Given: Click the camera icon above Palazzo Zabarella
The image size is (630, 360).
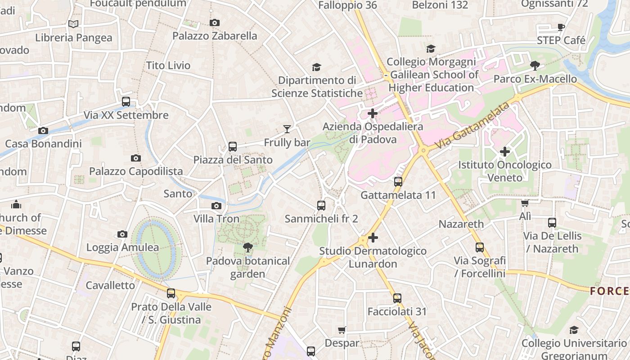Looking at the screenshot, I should [x=215, y=22].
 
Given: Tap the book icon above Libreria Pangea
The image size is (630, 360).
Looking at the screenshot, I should [x=73, y=24].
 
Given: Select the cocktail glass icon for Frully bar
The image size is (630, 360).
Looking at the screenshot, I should [x=287, y=130].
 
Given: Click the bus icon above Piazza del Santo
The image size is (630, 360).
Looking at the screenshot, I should [x=232, y=147].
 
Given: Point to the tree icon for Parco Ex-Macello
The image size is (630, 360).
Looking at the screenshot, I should [x=535, y=66].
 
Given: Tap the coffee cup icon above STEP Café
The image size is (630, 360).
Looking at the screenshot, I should [x=561, y=27].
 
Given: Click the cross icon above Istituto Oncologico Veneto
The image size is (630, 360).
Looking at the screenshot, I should [x=504, y=152].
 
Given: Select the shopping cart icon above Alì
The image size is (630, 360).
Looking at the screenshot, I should [x=525, y=203].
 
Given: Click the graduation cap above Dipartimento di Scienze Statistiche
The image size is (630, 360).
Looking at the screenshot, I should [x=316, y=67].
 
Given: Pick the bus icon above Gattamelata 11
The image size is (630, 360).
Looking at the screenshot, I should [x=398, y=182].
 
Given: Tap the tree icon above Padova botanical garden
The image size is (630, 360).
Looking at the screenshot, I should [x=247, y=247].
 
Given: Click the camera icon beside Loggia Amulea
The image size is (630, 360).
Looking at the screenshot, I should [x=122, y=234].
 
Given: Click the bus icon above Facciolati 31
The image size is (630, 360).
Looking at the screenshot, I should [x=397, y=298].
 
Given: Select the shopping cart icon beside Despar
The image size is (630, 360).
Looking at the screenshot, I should [x=342, y=330].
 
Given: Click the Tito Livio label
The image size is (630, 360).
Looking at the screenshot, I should [x=168, y=66].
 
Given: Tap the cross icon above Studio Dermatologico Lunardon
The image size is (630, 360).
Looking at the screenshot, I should [x=373, y=238].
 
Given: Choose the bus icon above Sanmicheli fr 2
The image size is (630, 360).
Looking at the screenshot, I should [x=321, y=206].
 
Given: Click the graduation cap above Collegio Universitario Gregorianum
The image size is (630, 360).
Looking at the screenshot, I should [x=574, y=330].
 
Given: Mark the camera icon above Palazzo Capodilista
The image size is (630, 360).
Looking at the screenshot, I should [x=135, y=158].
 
